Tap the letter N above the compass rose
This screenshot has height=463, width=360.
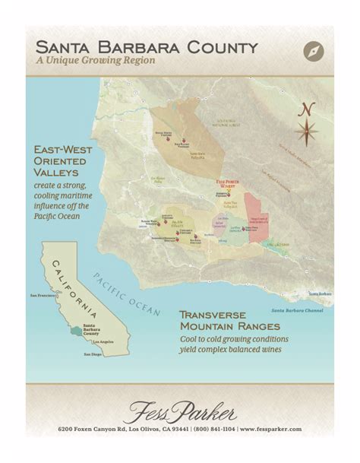pyautogui.click(x=307, y=109)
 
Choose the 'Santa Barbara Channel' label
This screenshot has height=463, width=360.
pyautogui.click(x=302, y=311)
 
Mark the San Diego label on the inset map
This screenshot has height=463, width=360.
pyautogui.click(x=93, y=355)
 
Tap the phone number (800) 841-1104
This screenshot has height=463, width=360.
pyautogui.click(x=213, y=430)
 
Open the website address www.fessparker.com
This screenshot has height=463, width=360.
pyautogui.click(x=271, y=430)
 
